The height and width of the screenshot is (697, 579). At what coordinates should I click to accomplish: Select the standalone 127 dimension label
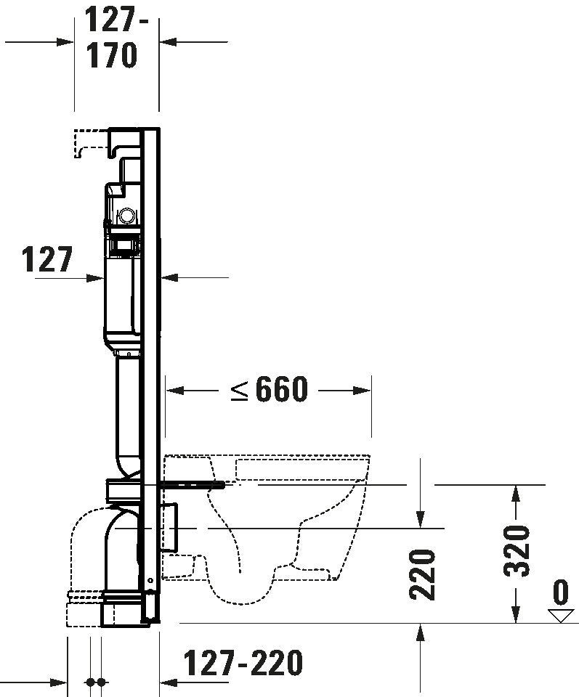47,259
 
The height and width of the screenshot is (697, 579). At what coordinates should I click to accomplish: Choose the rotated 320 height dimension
517,550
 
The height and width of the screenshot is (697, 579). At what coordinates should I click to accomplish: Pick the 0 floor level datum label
560,592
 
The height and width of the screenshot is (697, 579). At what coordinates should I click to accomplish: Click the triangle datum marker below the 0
560,616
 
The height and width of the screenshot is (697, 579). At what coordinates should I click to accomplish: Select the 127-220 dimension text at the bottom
242,662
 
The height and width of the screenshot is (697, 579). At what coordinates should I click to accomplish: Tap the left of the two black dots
90,682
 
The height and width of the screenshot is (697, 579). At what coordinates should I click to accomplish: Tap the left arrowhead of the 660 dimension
173,391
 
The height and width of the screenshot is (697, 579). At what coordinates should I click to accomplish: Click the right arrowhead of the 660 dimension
366,391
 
